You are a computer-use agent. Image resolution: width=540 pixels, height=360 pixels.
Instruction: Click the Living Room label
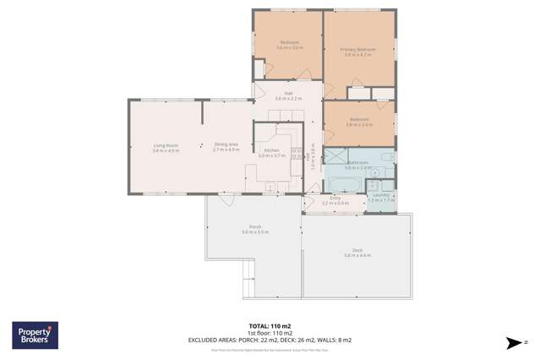pos(166,145)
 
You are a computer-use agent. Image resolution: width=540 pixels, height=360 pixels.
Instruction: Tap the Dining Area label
pos(226,145)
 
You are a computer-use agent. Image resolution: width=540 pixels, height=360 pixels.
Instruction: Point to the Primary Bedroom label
pos(357,50)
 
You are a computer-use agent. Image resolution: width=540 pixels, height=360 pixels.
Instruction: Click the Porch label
pos(254,226)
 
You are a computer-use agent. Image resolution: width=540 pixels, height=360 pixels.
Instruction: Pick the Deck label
pos(357,250)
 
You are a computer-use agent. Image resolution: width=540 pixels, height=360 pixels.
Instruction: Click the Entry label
pos(335,198)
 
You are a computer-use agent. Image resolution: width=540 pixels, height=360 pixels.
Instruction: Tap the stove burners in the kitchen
pos(296,152)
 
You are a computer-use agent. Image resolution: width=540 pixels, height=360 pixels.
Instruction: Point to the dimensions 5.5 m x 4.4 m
pos(357,255)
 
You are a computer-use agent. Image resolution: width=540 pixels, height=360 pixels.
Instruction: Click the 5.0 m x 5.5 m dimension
pos(254,232)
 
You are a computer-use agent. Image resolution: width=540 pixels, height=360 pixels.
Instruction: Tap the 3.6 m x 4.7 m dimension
pos(357,55)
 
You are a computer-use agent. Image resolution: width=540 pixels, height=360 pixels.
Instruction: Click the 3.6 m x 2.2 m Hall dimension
pos(288,99)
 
